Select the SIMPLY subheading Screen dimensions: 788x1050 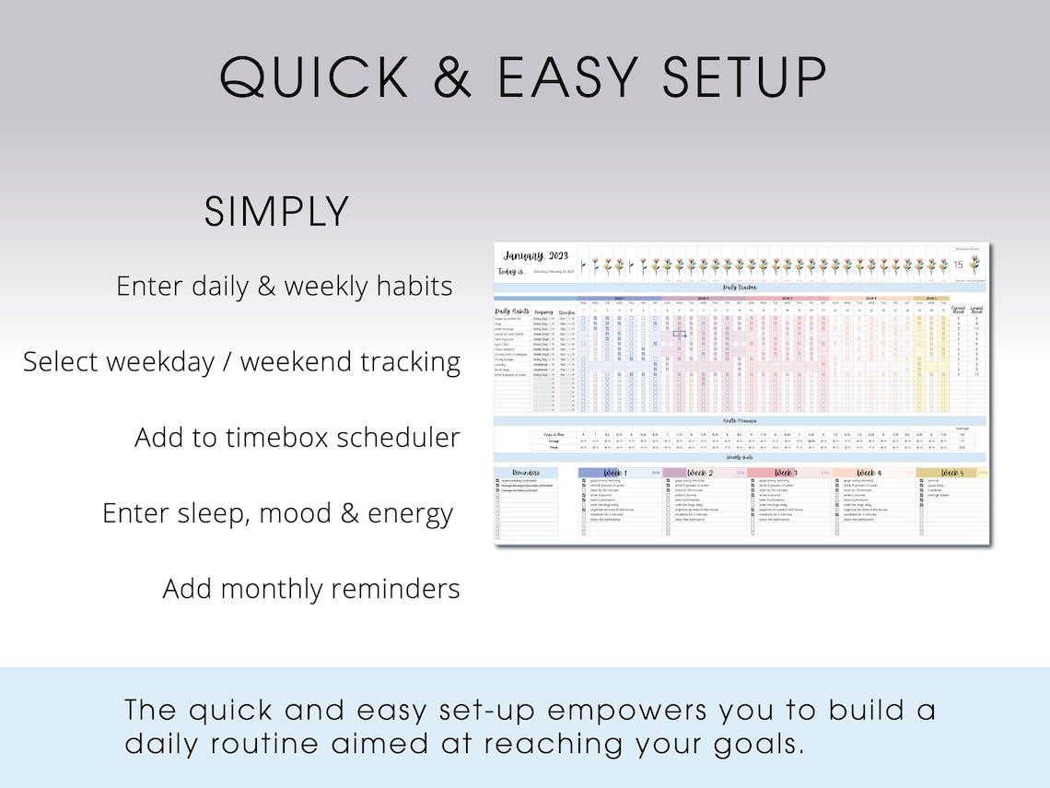276,212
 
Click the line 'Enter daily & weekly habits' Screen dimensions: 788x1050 285,287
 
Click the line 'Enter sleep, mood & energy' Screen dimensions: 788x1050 278,512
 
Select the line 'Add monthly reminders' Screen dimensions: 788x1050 311,588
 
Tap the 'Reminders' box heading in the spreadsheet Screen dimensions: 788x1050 525,473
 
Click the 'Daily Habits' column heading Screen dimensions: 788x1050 513,312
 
